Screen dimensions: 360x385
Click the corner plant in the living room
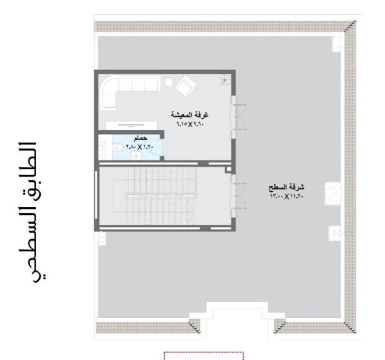click(x=225, y=80)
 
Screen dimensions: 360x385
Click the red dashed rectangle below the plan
click(x=204, y=353)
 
